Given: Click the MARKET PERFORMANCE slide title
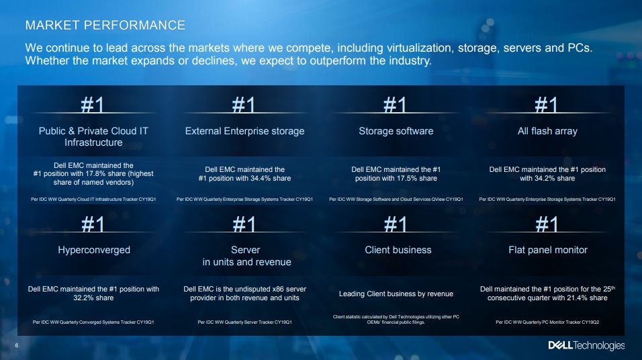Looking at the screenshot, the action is click(105, 26).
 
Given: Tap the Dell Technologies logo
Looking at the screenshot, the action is click(586, 345).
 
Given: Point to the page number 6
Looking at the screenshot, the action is click(17, 345).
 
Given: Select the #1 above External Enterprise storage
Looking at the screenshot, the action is click(244, 104).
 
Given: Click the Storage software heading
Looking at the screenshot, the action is click(396, 131).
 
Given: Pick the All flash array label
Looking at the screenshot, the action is click(547, 131).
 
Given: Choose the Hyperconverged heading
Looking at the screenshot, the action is click(94, 251).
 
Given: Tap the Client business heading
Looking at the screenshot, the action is click(398, 250).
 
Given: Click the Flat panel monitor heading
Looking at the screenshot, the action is click(548, 250).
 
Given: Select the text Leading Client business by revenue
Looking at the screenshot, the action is click(396, 294).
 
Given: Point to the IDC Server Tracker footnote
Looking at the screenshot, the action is click(245, 322).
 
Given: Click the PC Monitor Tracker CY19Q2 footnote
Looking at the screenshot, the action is click(547, 322).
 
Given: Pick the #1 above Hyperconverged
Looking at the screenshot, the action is click(93, 224).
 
